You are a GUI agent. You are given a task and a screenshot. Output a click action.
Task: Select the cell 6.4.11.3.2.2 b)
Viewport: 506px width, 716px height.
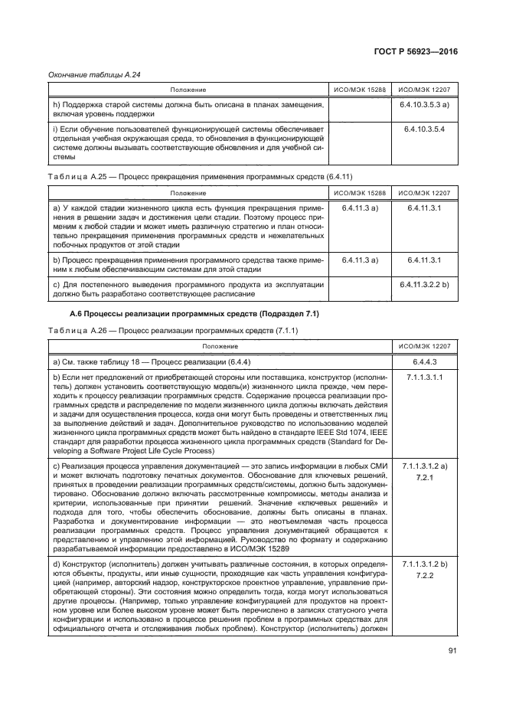coord(423,285)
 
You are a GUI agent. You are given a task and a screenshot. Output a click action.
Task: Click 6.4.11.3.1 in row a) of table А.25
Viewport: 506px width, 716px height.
coord(423,208)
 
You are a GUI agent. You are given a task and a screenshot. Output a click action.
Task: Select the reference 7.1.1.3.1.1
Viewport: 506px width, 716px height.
coord(423,378)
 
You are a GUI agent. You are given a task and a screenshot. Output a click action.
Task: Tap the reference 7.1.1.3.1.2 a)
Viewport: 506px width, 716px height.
coord(423,466)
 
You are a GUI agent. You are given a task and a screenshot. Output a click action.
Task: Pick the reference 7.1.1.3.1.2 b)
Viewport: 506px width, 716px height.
coord(423,563)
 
